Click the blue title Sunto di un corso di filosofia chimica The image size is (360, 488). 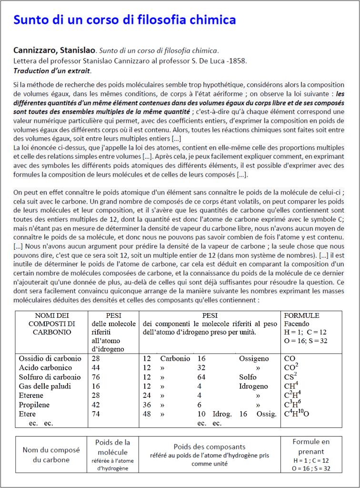124,20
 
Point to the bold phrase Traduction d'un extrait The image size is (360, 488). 52,71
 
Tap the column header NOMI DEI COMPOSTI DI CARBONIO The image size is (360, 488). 52,324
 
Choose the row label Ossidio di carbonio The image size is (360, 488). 50,358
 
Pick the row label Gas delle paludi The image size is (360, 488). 46,386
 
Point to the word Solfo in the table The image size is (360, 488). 248,377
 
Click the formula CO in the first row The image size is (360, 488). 290,358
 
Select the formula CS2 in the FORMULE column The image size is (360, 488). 291,376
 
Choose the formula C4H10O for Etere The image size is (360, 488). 297,413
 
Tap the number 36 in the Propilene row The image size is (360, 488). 147,405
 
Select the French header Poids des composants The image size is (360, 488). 210,447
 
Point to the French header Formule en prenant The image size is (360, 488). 311,447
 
